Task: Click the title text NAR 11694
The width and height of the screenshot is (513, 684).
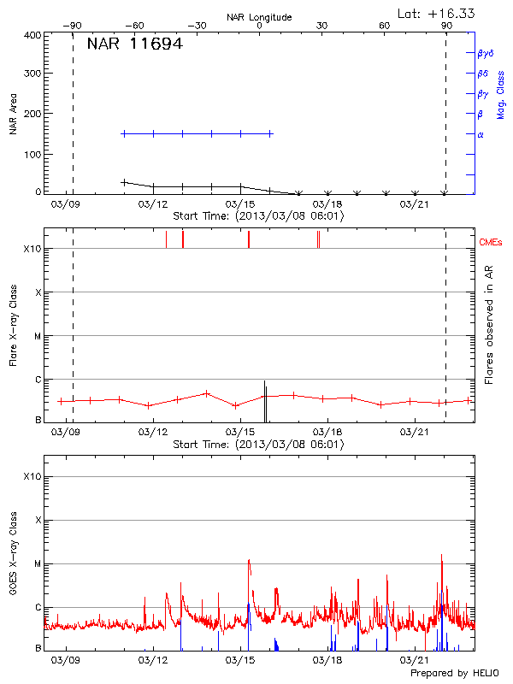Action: (134, 44)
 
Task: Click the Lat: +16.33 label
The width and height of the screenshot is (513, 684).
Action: (438, 13)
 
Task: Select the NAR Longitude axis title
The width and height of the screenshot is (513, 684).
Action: (259, 17)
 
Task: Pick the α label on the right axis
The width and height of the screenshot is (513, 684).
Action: (481, 134)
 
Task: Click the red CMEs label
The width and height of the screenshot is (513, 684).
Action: (492, 243)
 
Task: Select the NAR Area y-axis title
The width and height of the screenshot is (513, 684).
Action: (14, 115)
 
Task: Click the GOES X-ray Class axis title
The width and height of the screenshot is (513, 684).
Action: (14, 557)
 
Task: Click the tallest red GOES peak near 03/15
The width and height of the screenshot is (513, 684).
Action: (249, 561)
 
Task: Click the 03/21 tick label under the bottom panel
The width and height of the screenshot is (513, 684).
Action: (414, 660)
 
